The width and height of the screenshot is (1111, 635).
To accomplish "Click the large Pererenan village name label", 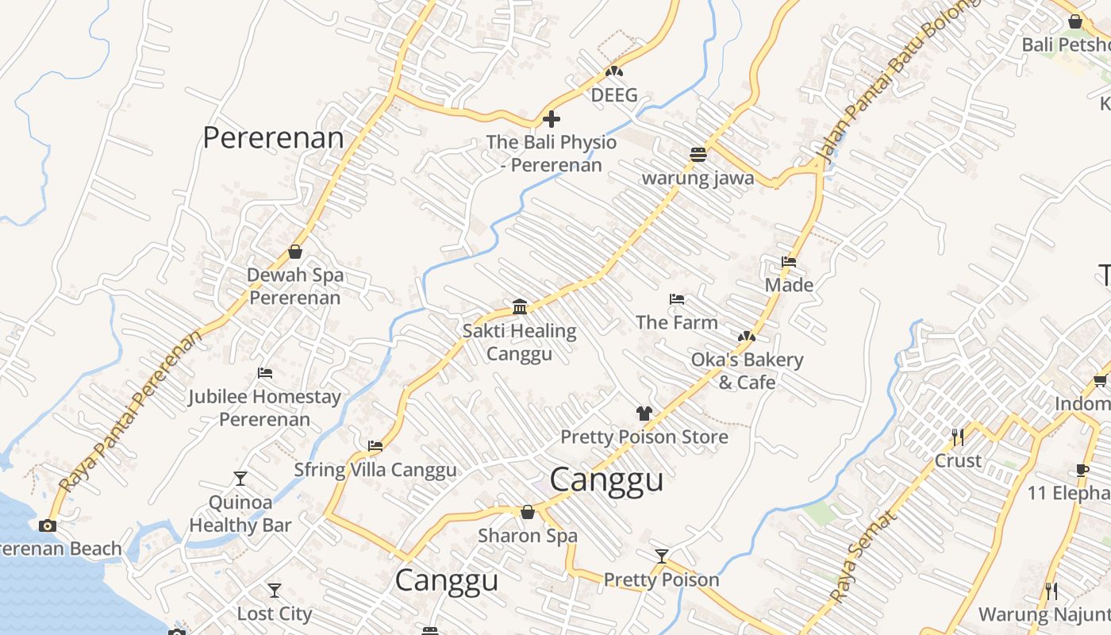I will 273,137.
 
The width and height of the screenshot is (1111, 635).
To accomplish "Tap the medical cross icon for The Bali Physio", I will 551,120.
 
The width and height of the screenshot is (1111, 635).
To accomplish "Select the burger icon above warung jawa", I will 698,155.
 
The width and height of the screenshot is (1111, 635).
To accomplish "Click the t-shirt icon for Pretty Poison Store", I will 644,414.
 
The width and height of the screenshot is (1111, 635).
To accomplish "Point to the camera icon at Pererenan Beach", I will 48,525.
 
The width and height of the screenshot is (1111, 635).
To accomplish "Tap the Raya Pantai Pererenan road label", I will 131,413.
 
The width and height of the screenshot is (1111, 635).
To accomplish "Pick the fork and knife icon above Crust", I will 958,437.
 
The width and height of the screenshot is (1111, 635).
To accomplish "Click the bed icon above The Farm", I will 676,299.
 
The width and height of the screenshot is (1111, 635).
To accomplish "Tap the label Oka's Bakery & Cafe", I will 747,371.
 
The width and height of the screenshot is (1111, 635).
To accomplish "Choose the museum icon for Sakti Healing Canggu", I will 520,307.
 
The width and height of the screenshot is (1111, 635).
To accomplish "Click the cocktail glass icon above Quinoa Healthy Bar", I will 240,479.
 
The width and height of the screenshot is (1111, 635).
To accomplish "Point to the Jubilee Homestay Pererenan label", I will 264,407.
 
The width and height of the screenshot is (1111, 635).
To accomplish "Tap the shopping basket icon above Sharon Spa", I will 527,513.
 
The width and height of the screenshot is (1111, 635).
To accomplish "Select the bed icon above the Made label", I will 788,262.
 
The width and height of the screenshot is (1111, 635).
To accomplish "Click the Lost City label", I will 275,614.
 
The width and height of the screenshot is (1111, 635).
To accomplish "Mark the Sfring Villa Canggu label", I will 375,470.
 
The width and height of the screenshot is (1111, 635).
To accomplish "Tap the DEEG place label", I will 614,95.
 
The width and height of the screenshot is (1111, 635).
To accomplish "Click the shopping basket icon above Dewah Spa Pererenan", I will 295,252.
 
